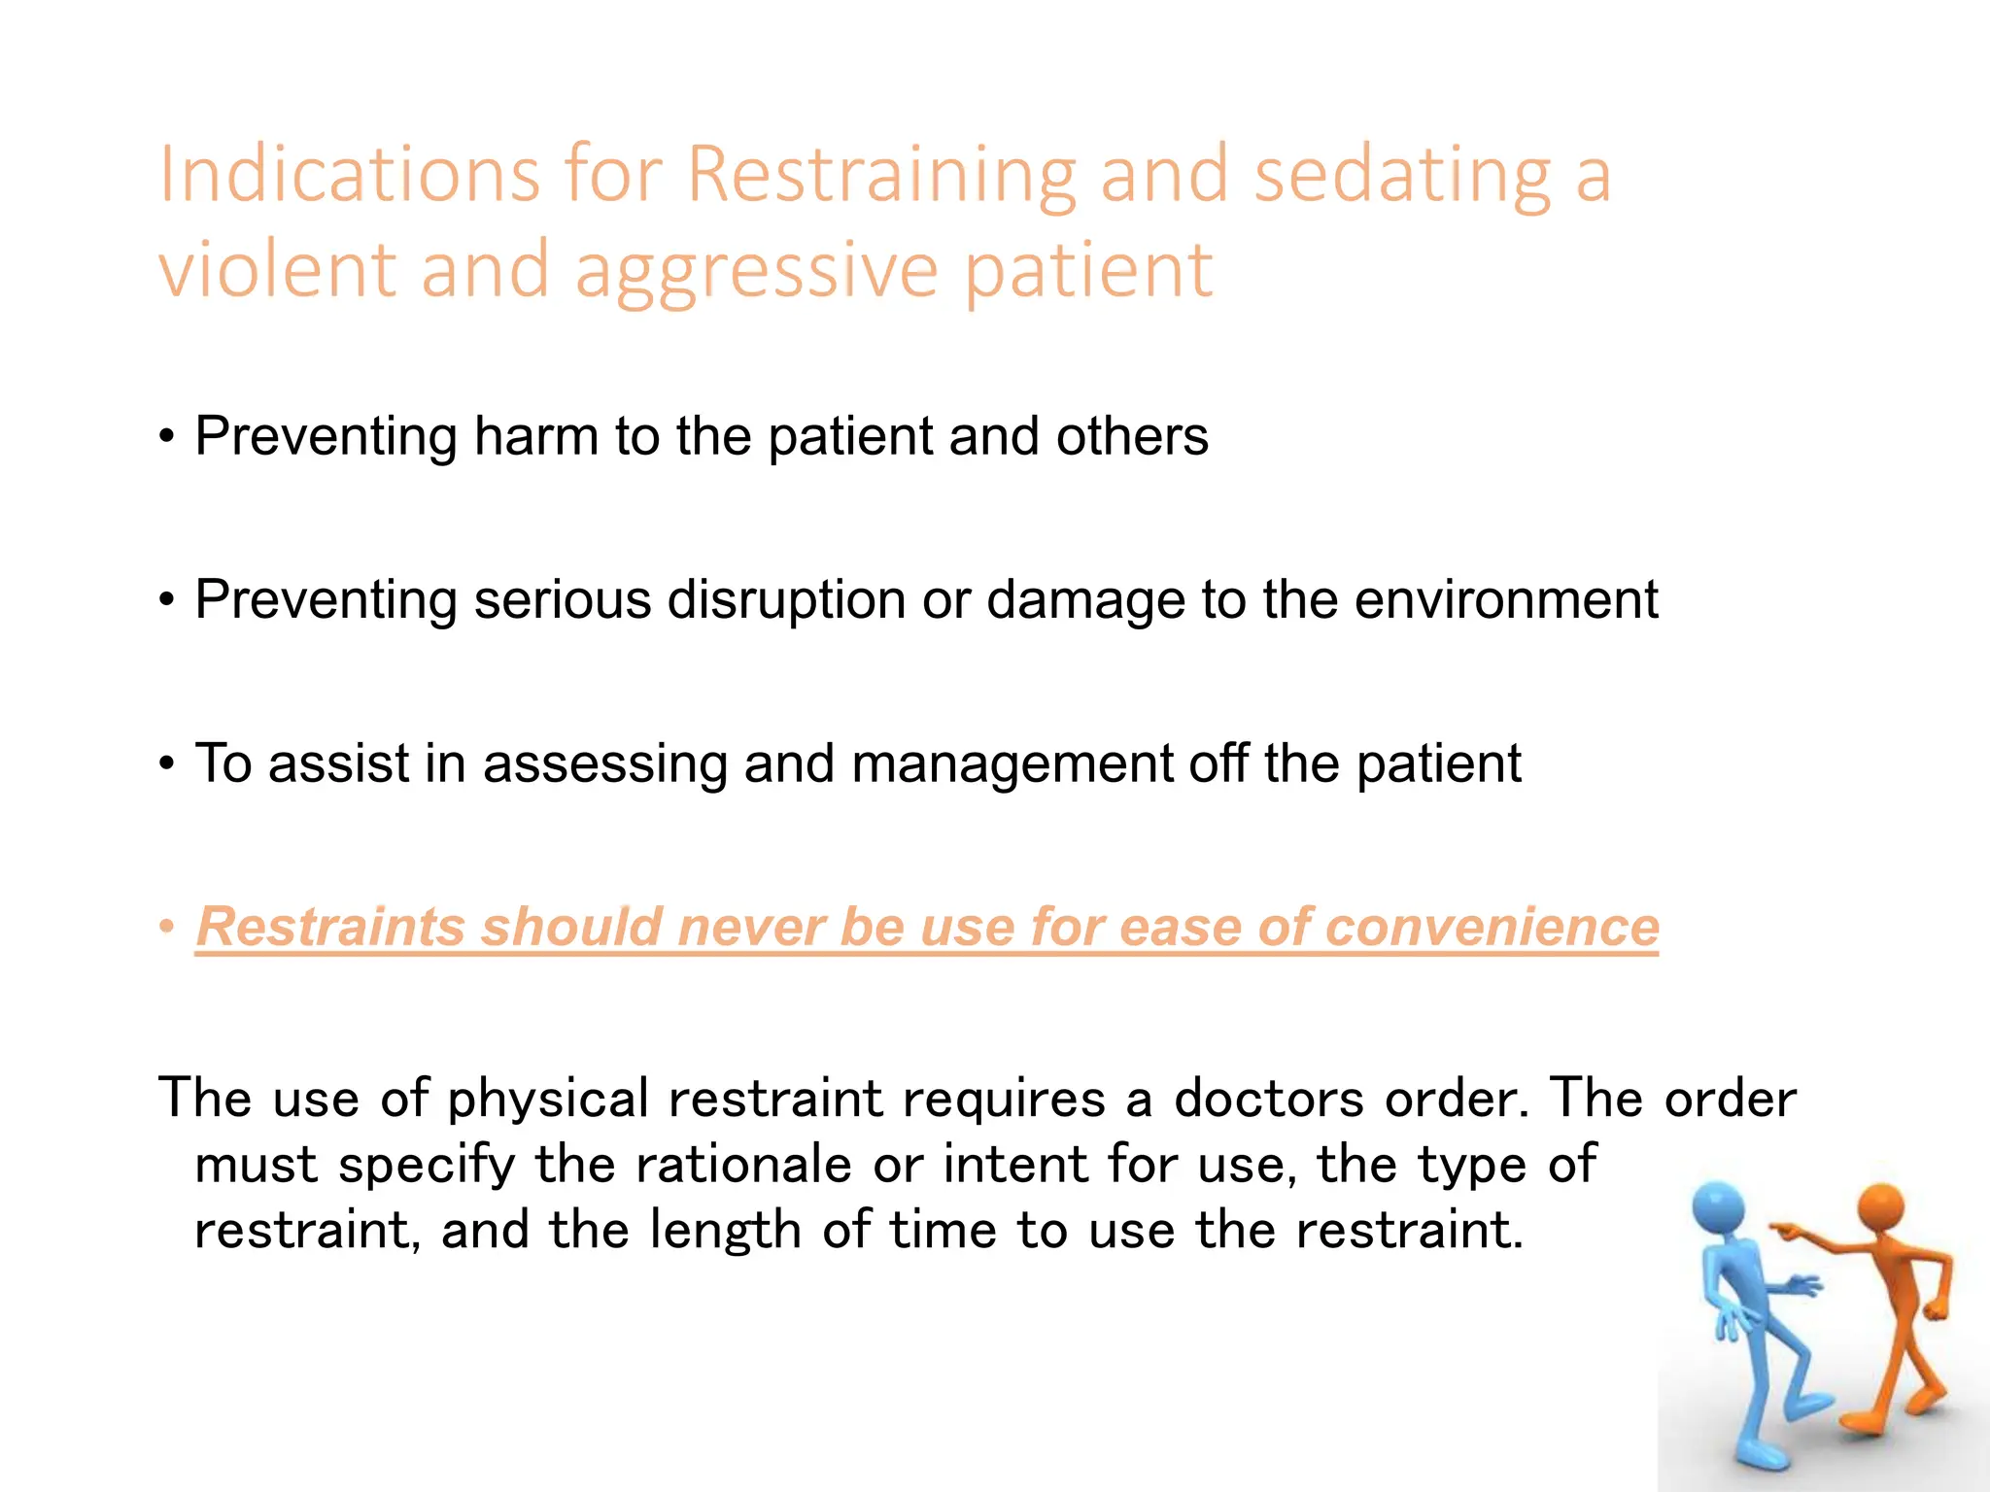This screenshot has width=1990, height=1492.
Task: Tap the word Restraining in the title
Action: tap(881, 175)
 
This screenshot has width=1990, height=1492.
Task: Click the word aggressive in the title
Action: tap(757, 270)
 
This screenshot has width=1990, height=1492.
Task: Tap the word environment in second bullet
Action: tap(1506, 599)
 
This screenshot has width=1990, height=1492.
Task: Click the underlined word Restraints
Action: tap(331, 926)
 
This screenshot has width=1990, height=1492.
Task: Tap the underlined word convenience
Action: tap(1492, 926)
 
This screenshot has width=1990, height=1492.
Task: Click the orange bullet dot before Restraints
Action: tap(167, 926)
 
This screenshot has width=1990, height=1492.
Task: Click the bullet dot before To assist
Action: tap(167, 763)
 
